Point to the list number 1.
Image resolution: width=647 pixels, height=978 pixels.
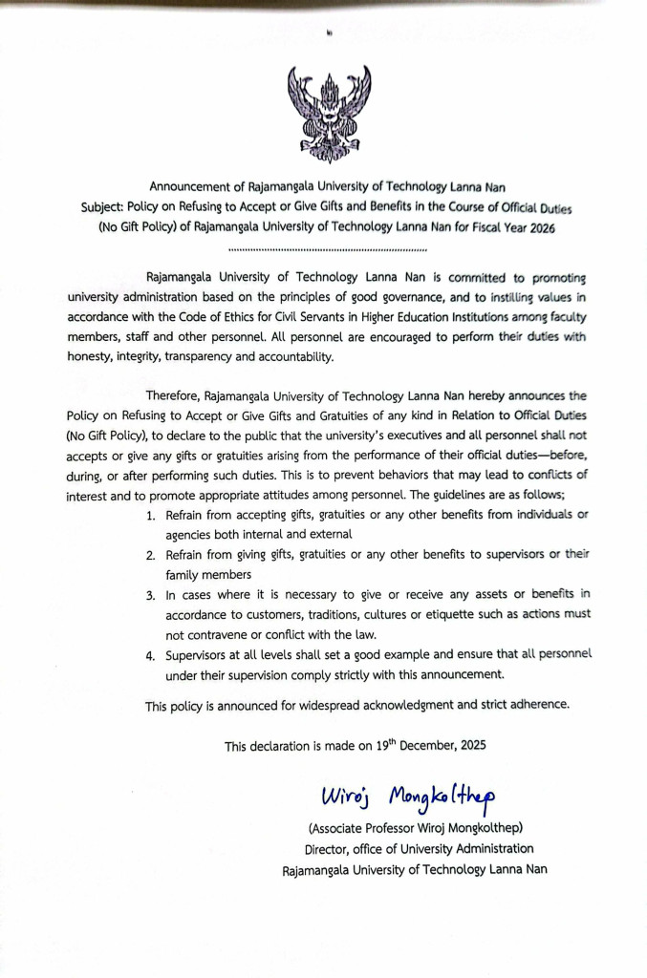(151, 516)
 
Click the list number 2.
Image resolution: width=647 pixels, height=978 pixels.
(151, 555)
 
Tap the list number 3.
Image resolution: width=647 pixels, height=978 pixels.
(151, 594)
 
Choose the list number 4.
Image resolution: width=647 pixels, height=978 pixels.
(151, 654)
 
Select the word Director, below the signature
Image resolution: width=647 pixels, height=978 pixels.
(329, 849)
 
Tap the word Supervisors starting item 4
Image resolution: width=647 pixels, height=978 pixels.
(199, 654)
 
